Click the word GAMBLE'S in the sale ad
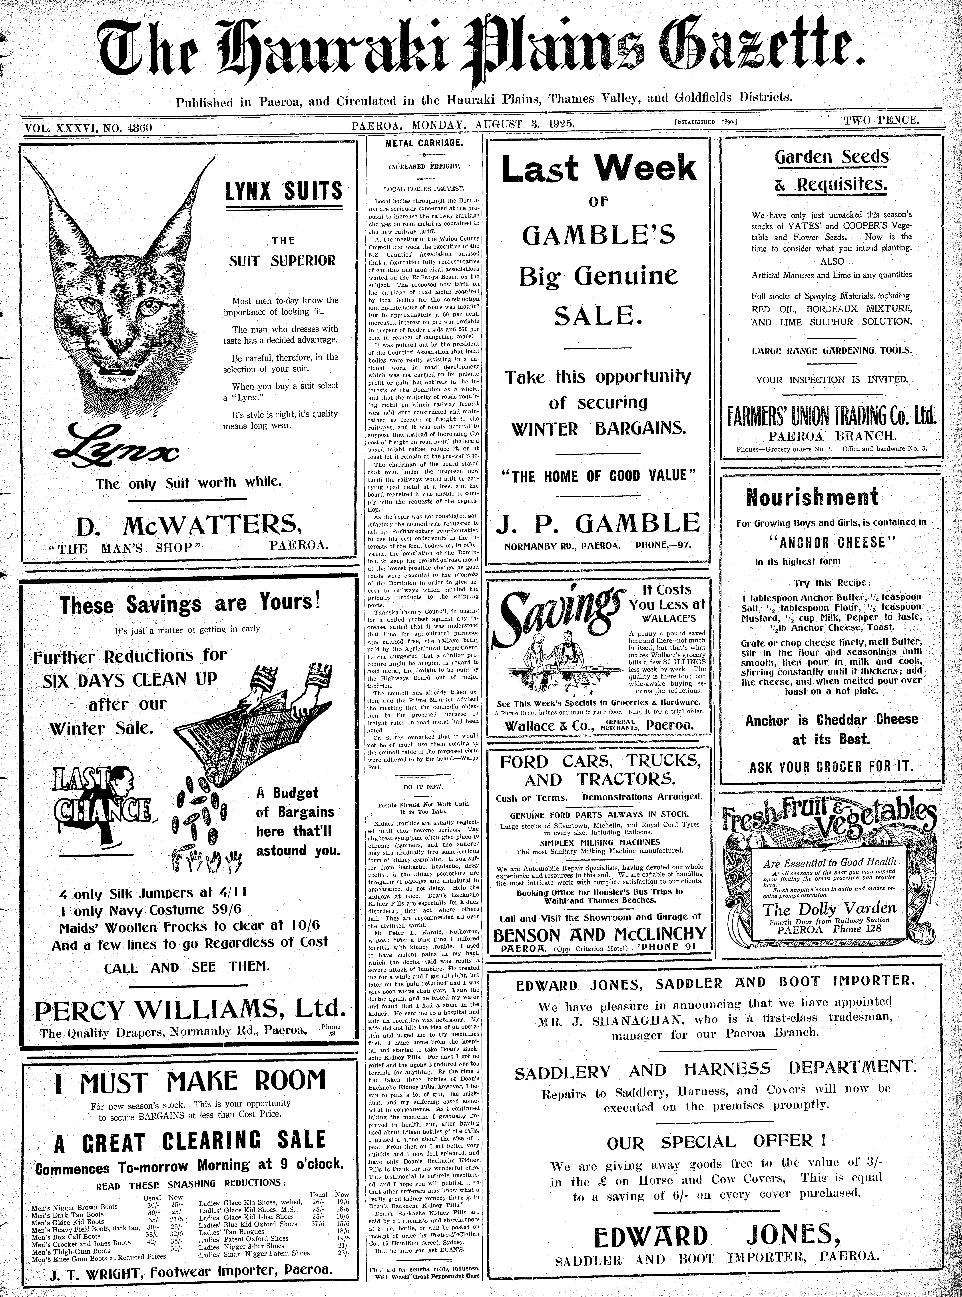599,235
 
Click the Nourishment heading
812,498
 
